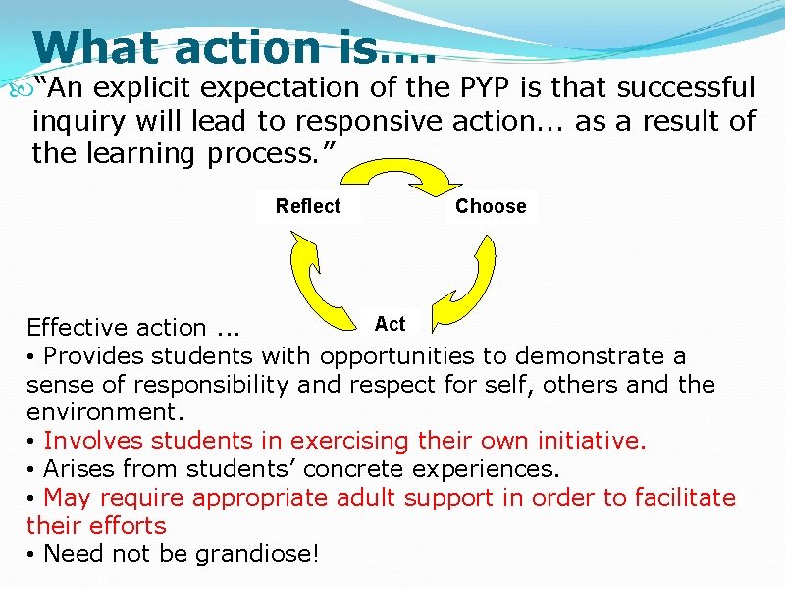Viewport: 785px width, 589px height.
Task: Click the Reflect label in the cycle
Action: point(308,206)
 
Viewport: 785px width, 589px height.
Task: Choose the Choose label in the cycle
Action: point(491,206)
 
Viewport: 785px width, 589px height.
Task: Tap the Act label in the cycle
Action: point(390,324)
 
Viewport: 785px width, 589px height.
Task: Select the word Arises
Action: point(78,469)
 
